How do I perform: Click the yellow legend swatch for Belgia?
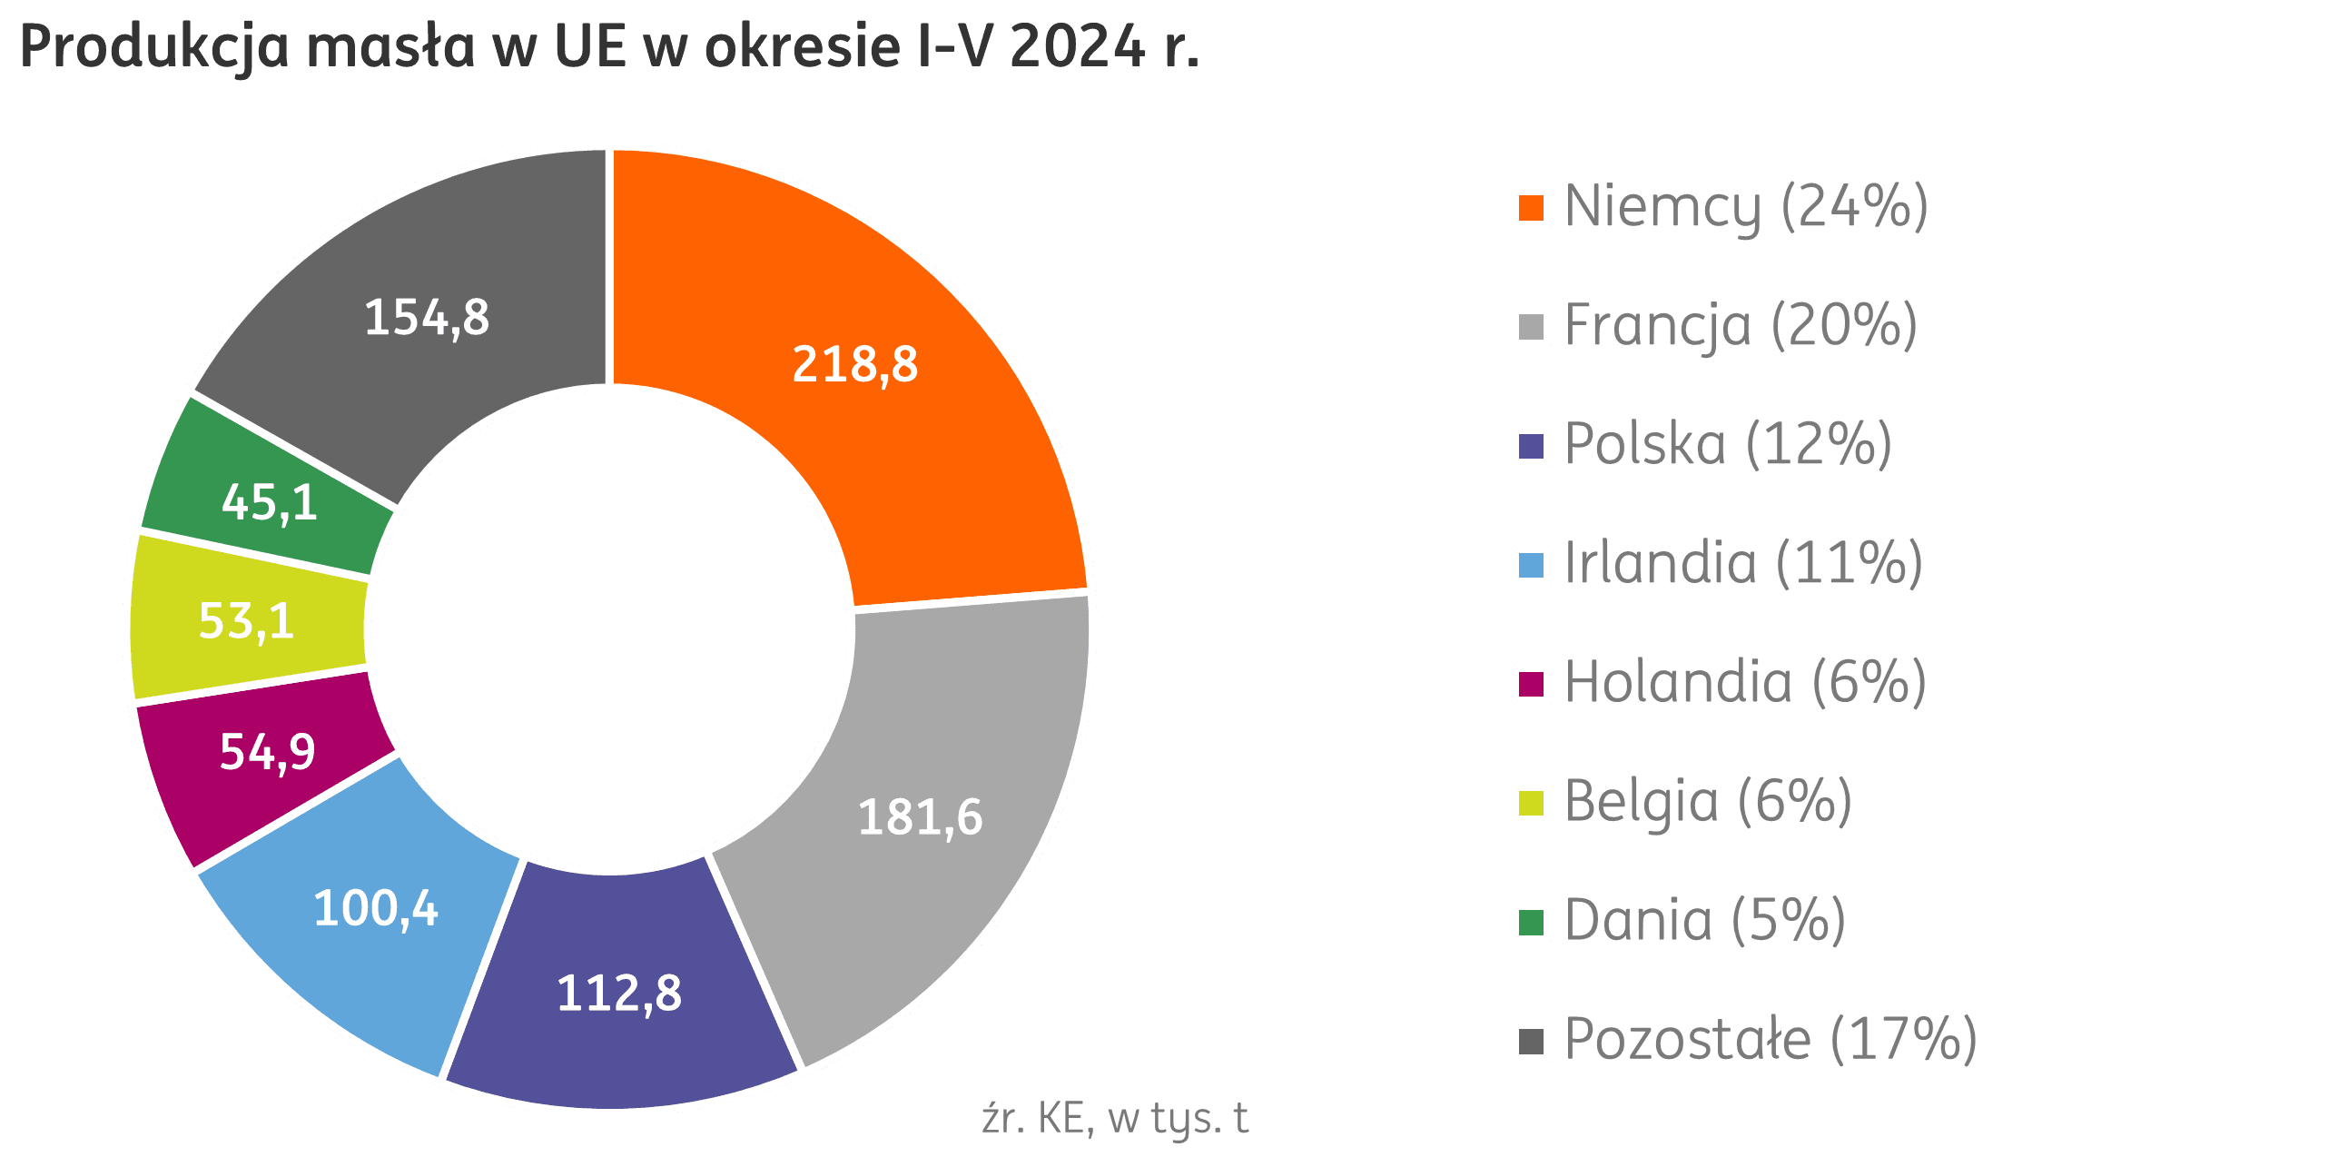1531,804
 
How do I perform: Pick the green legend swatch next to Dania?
1531,923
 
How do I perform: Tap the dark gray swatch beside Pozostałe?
1531,1042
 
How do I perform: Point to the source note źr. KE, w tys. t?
1115,1119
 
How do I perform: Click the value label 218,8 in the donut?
855,365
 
